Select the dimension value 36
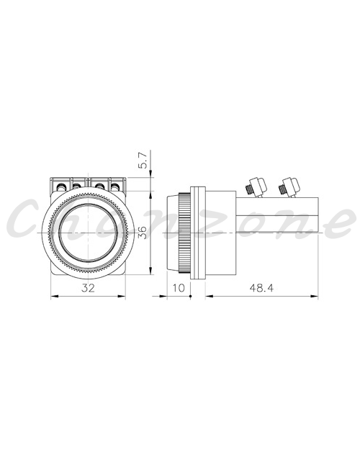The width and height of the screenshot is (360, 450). click(143, 232)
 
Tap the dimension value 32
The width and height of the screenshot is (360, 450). click(88, 287)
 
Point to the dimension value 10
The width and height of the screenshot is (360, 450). click(179, 287)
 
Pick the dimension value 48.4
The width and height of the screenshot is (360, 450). click(261, 287)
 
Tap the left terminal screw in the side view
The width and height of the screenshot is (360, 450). click(256, 187)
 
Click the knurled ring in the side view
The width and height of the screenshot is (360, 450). click(184, 233)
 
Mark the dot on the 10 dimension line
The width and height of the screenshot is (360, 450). click(190, 296)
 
